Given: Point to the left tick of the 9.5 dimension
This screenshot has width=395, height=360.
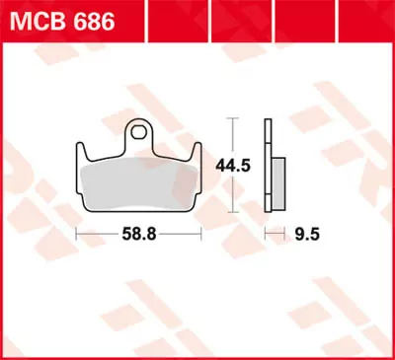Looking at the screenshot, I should coord(265,237).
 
